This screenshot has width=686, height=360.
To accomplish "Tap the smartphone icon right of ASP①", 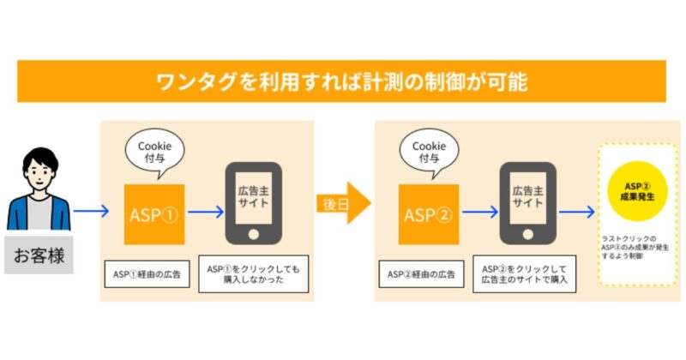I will (253, 202).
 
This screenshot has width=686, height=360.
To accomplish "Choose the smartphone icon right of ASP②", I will (528, 202).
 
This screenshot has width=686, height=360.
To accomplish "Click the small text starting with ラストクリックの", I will (634, 248).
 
